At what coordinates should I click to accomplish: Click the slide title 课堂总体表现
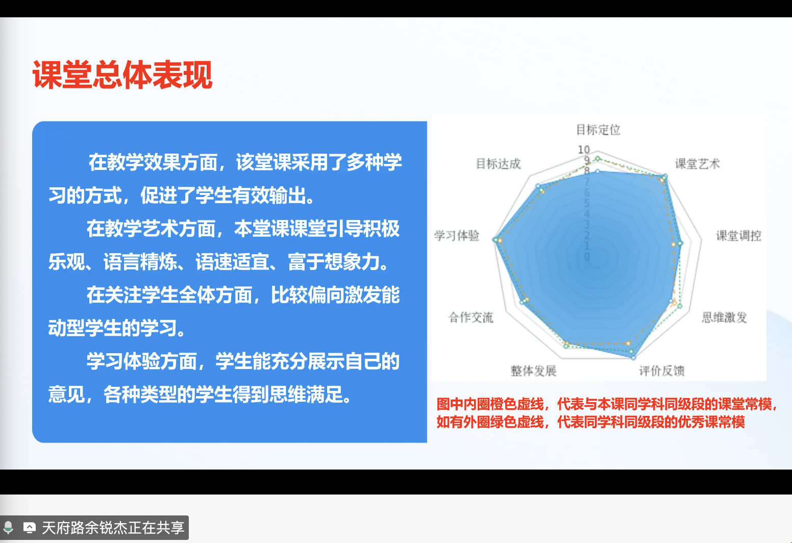(122, 75)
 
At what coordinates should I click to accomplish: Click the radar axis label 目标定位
(598, 130)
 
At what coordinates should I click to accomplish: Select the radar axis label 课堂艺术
(697, 164)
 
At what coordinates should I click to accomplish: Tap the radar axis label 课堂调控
(738, 236)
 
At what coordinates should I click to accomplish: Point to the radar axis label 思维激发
(724, 317)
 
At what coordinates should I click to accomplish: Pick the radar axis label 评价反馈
(661, 371)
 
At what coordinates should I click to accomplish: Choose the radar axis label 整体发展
(533, 371)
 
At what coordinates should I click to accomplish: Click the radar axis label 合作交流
(471, 317)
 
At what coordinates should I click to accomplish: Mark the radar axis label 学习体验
(457, 236)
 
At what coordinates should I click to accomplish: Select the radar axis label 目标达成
(498, 164)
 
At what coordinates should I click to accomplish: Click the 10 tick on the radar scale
(584, 150)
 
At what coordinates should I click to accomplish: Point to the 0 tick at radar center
(587, 257)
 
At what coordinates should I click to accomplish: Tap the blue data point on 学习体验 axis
(494, 239)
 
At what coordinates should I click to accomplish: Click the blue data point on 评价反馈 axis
(633, 358)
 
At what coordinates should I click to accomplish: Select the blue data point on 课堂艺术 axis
(664, 177)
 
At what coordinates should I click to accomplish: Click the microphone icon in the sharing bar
(8, 527)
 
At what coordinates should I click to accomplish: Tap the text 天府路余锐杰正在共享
(113, 528)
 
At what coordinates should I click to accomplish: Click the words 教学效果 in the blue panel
(144, 162)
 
